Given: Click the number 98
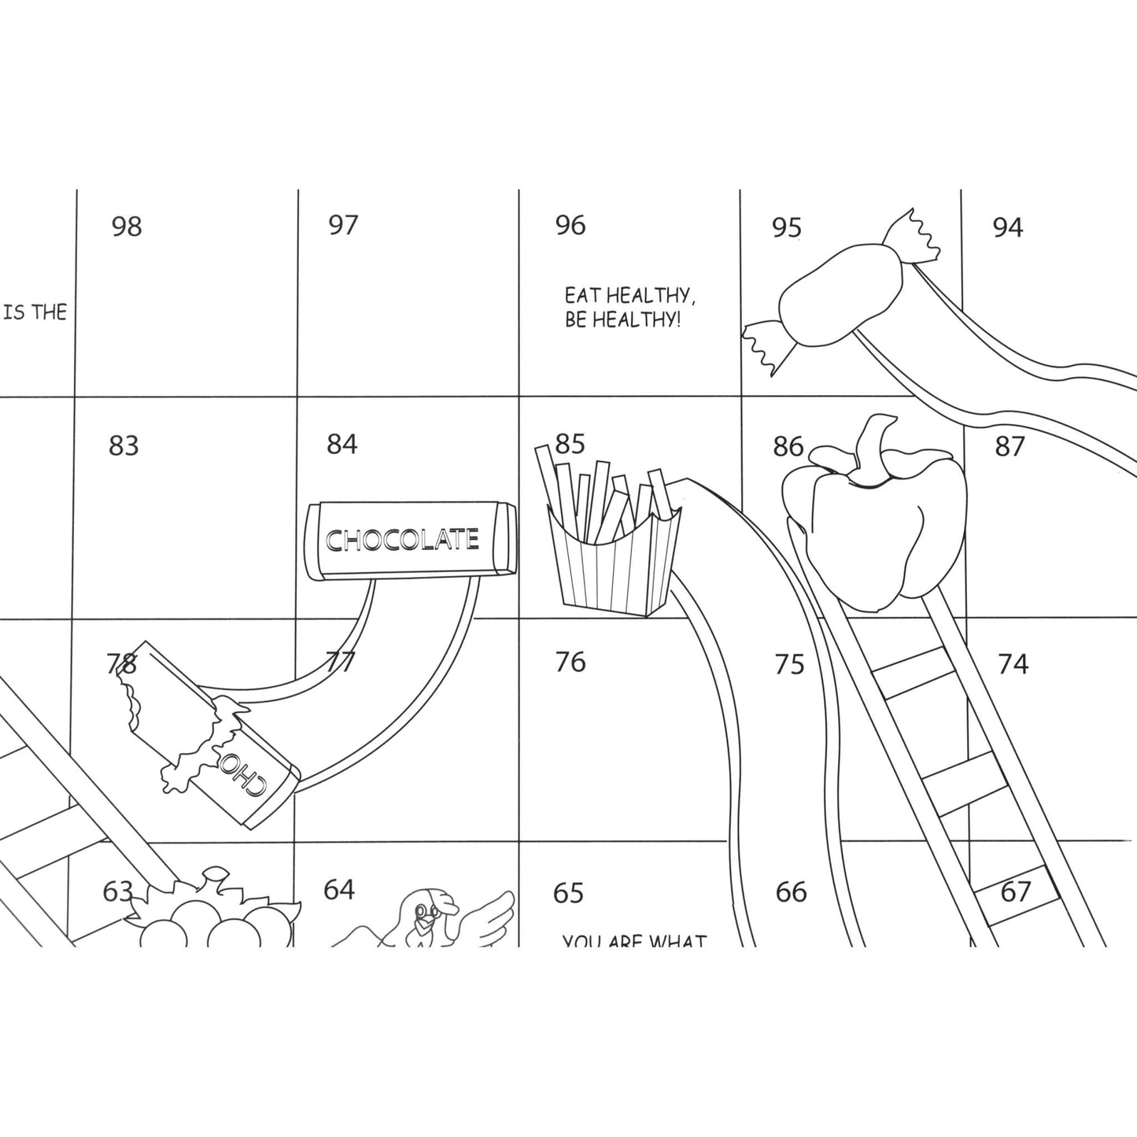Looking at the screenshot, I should point(126,227).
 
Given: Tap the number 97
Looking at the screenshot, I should point(343,225).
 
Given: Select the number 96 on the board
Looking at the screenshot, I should point(570,226).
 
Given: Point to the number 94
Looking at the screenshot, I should point(1007,227).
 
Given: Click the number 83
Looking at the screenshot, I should point(124,446).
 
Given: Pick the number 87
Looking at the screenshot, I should point(1010,446).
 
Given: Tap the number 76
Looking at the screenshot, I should point(570,663).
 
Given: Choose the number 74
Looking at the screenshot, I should point(1013,665).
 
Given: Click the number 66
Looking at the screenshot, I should point(791,892).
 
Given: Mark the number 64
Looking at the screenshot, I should point(339,890).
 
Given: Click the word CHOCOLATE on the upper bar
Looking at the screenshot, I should point(402,540).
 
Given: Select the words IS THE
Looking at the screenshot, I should point(35,312).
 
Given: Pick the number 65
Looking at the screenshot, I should point(568,893).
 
